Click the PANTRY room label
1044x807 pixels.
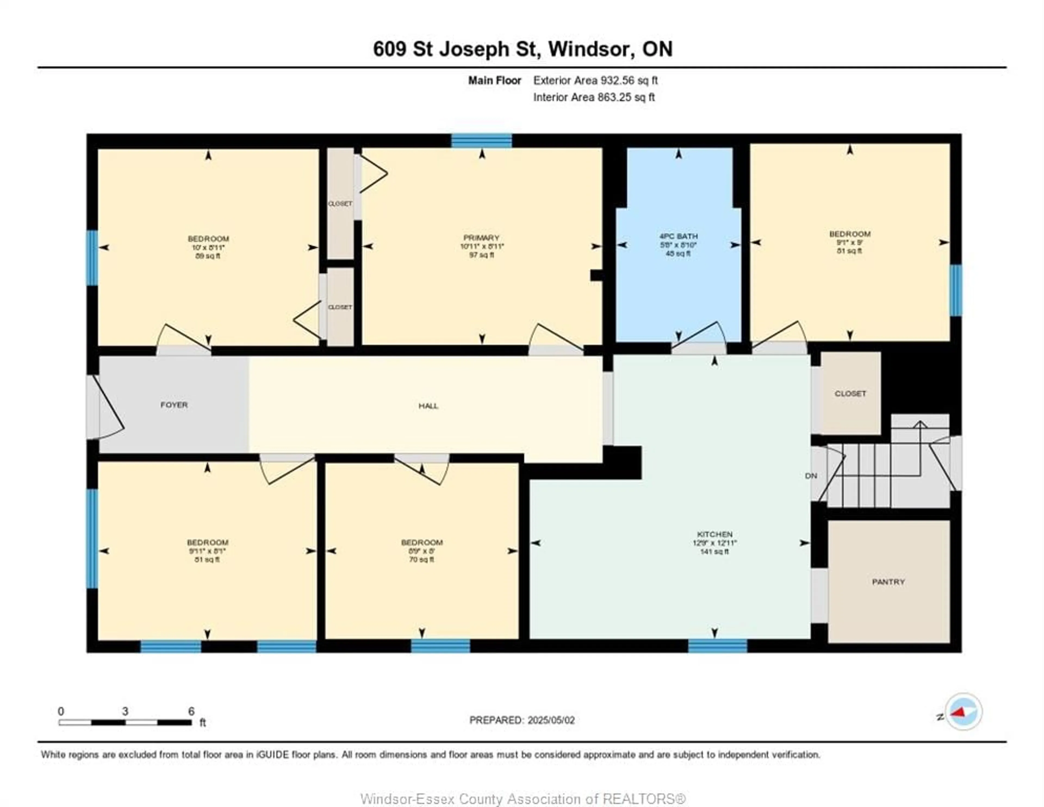(888, 582)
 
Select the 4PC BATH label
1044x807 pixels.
(678, 236)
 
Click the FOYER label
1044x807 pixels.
(174, 405)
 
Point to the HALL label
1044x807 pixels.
(428, 406)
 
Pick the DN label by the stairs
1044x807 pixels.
(811, 475)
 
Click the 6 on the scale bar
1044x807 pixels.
(191, 711)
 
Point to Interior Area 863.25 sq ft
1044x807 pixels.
(594, 97)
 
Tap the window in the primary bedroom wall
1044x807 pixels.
(481, 141)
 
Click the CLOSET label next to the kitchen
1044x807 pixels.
(850, 393)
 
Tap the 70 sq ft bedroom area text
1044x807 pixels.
(422, 559)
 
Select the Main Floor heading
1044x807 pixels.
(494, 80)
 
